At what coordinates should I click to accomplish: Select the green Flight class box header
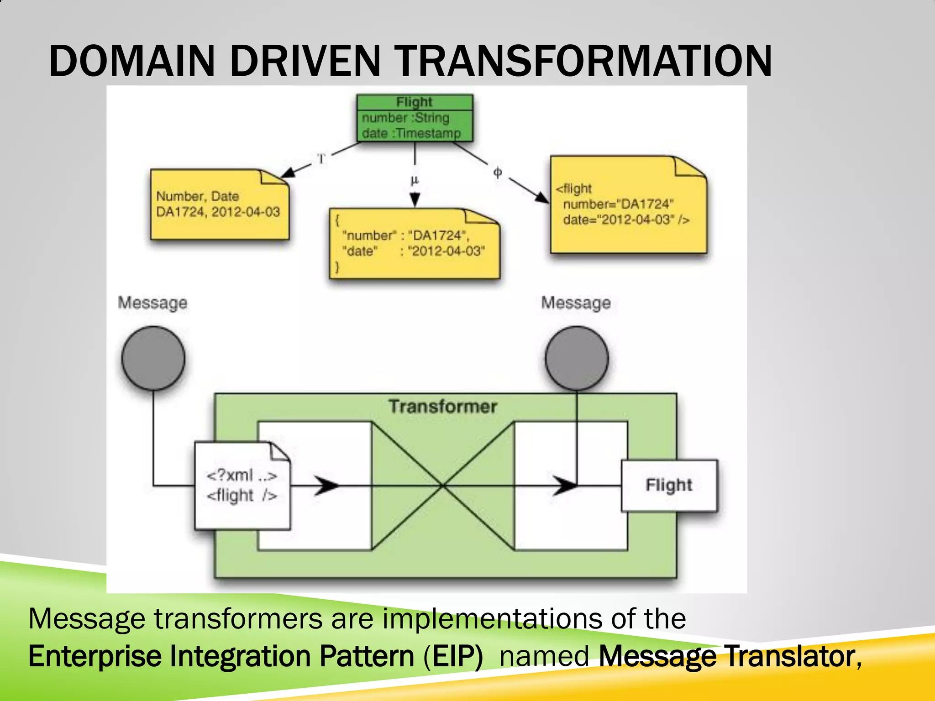click(414, 102)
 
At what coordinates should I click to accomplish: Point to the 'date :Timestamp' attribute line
click(411, 133)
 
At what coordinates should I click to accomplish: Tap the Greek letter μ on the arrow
click(415, 180)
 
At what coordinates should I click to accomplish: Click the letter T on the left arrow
click(321, 159)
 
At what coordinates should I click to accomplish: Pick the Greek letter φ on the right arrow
click(498, 172)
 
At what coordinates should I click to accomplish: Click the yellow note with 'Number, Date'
click(219, 205)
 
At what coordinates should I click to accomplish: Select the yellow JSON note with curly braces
click(414, 244)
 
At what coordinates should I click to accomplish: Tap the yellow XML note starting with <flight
click(628, 205)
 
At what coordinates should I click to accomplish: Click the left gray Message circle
click(153, 358)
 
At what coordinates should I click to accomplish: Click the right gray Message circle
click(577, 358)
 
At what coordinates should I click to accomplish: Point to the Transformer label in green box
click(443, 407)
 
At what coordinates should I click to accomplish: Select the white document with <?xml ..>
click(242, 486)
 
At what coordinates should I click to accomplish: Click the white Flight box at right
click(669, 485)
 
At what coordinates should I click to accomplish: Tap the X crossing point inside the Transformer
click(443, 486)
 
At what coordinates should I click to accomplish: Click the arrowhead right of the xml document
click(328, 486)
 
